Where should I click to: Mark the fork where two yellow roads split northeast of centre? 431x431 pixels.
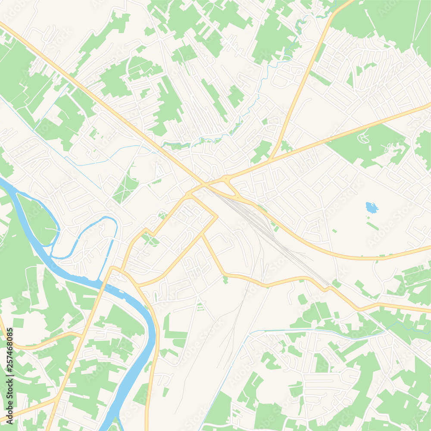pos(269,159)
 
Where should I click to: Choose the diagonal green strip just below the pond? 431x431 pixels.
pos(373,226)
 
